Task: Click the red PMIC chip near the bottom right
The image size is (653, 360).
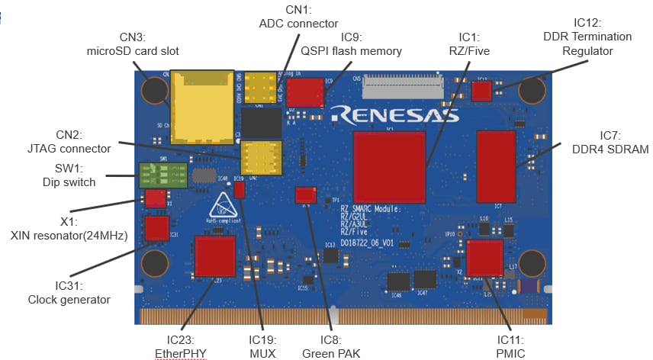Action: (485, 258)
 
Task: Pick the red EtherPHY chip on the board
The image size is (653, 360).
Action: (215, 256)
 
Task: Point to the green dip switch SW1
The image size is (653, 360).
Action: (162, 175)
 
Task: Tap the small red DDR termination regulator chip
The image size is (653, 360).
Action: (481, 92)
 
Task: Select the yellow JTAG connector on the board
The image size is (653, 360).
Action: (261, 157)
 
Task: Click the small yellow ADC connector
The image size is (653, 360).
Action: (261, 88)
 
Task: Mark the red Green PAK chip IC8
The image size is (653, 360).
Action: (305, 194)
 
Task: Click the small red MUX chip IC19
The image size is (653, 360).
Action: (240, 190)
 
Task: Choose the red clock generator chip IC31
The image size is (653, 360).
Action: (157, 228)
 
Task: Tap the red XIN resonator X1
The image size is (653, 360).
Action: (155, 199)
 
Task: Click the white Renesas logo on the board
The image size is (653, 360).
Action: (394, 114)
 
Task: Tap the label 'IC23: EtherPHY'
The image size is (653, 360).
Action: (179, 346)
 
